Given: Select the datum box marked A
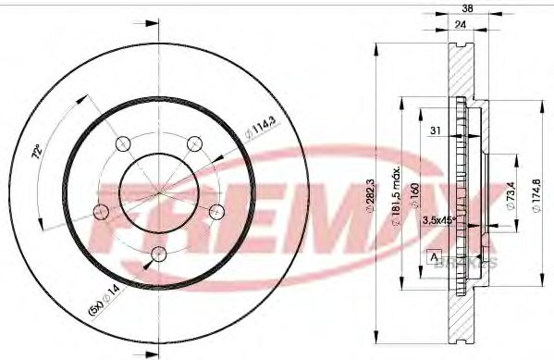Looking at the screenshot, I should coord(433,256).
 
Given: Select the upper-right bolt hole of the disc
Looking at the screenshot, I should coord(194,143).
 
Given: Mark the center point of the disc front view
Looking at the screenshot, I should coord(159,192).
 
